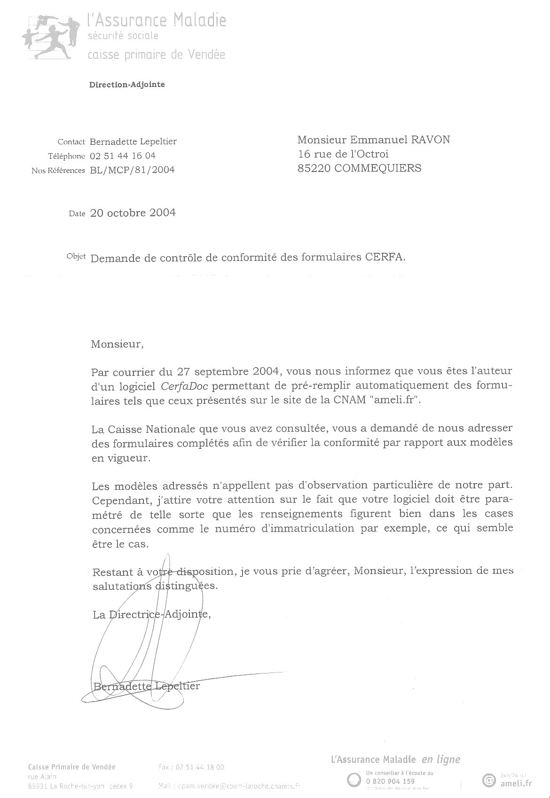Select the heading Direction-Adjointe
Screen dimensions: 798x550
127,85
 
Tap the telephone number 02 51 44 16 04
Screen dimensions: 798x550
123,156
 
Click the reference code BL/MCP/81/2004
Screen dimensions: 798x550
132,170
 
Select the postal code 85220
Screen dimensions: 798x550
314,168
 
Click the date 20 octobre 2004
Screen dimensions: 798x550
133,213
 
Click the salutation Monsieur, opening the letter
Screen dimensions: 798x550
116,344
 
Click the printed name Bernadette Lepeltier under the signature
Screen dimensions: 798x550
147,686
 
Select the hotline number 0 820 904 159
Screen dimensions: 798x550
389,782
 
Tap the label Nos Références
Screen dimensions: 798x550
58,171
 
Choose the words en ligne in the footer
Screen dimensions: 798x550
440,759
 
